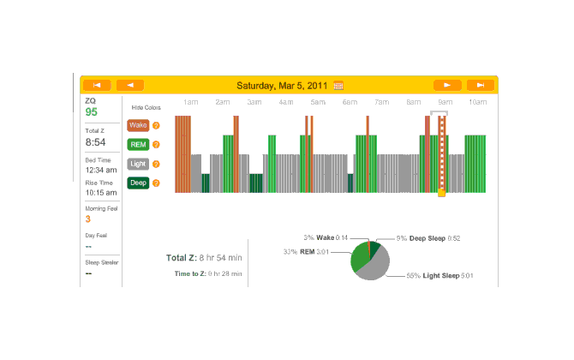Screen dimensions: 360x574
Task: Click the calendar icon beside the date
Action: (338, 85)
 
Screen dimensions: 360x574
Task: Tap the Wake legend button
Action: (138, 125)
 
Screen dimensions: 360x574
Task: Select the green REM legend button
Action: (138, 144)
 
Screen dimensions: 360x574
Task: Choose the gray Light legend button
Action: (138, 163)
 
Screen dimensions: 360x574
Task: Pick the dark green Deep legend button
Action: (138, 183)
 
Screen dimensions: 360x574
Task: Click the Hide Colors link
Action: (146, 108)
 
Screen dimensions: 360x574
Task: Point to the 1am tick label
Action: (191, 102)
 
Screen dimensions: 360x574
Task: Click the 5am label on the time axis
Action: (318, 102)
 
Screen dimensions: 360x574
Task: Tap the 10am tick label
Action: (477, 102)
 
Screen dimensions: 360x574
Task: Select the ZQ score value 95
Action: (91, 112)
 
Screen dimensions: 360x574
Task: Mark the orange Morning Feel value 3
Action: (88, 219)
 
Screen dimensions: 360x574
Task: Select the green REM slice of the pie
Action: (359, 256)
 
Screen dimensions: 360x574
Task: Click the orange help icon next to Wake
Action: (156, 125)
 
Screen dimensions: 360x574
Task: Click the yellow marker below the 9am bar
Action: (441, 193)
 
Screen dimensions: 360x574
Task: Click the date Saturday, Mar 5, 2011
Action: (283, 85)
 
